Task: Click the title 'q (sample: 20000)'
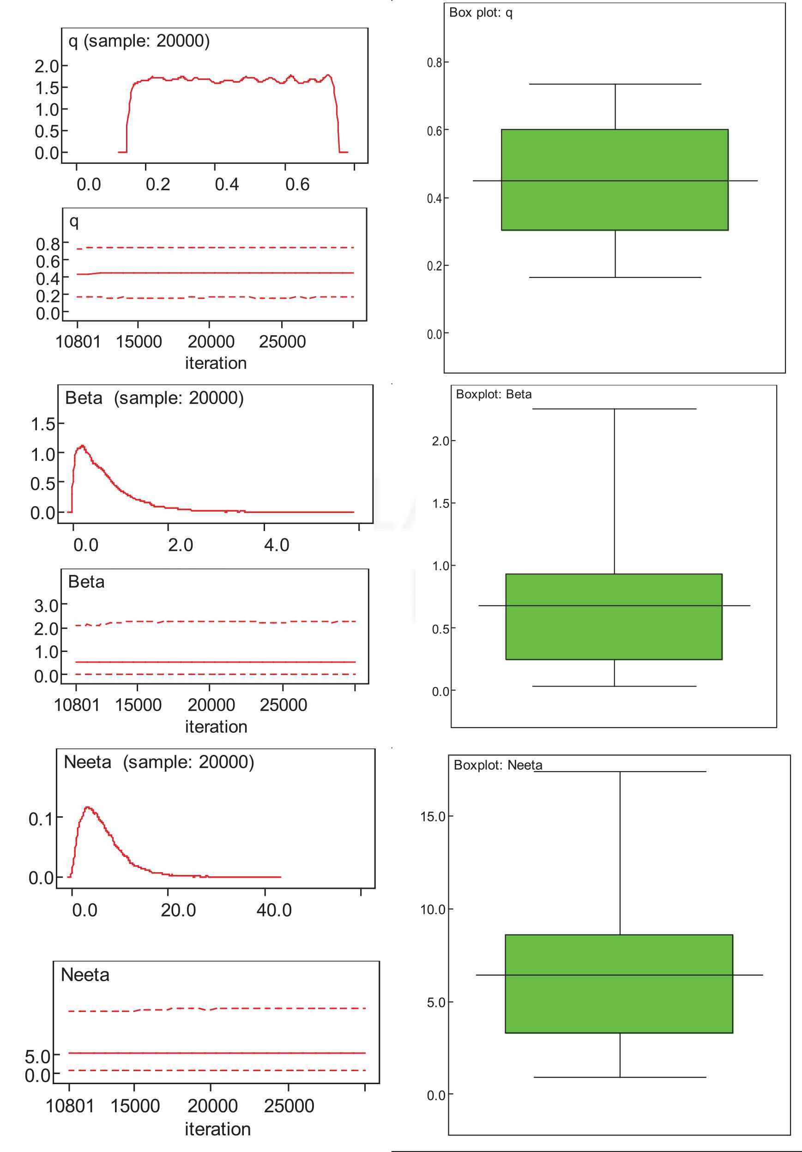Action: (139, 41)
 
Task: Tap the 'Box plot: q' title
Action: (480, 13)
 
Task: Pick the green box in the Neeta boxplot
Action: (618, 983)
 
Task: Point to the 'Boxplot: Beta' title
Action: (494, 394)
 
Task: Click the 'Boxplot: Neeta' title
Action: (497, 765)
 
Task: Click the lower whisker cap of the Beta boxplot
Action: (614, 686)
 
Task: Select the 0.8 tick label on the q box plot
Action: (434, 63)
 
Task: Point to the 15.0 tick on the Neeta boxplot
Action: (433, 816)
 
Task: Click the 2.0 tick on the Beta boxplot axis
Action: (440, 441)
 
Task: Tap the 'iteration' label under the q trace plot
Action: (216, 363)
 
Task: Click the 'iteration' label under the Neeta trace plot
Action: (217, 1129)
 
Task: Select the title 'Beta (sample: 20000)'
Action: (154, 398)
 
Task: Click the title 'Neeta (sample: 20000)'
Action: (158, 762)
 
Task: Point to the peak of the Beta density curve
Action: (82, 446)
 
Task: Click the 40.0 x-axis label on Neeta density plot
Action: (274, 910)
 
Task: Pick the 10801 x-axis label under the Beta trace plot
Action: (77, 705)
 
